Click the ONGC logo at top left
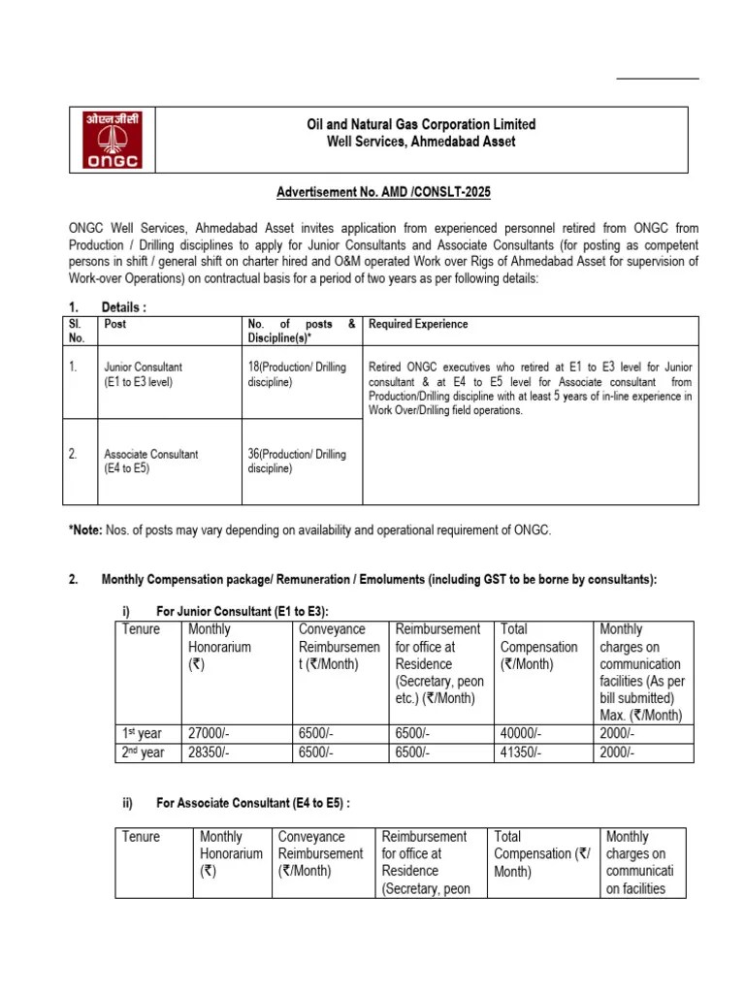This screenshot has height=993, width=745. tap(111, 140)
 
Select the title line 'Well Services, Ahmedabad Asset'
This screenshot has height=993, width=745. tap(420, 142)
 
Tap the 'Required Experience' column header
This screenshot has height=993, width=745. tap(418, 324)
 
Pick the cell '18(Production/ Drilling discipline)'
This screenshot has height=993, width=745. tap(297, 375)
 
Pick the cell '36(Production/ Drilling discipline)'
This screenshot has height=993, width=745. tap(297, 462)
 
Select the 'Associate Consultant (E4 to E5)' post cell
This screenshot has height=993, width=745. tap(150, 462)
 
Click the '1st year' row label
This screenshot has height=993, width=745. tap(143, 734)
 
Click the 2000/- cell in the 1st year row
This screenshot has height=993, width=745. tap(618, 734)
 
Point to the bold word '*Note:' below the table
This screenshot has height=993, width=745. tap(86, 530)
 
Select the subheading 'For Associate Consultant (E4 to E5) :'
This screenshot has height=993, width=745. tap(252, 804)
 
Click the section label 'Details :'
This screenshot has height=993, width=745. tap(123, 307)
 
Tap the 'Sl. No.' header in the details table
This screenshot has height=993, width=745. tap(78, 331)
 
